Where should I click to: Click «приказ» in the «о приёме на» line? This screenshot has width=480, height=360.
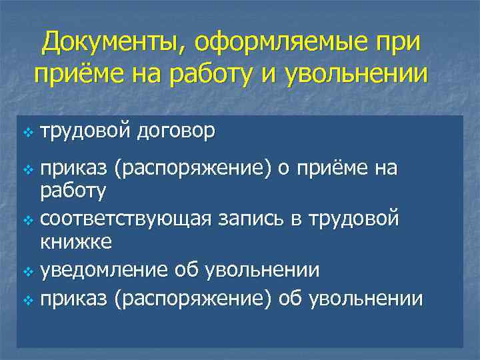pos(75,171)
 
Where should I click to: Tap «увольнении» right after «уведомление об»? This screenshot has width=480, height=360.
pos(263,271)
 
